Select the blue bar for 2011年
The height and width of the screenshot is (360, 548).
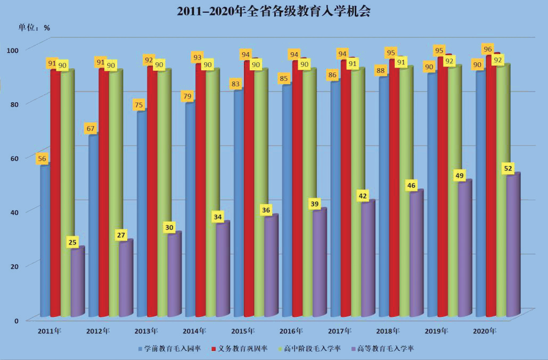(x=45, y=240)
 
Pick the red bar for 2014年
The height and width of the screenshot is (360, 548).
(x=201, y=186)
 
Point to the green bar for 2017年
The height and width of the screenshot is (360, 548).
(x=356, y=192)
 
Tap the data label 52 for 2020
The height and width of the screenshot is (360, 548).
(x=508, y=169)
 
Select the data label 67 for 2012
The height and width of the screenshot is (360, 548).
(x=91, y=128)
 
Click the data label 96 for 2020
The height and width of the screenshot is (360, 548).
(x=487, y=49)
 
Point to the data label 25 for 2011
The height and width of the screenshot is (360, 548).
(x=72, y=242)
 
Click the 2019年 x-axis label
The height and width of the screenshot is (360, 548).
(x=437, y=331)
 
